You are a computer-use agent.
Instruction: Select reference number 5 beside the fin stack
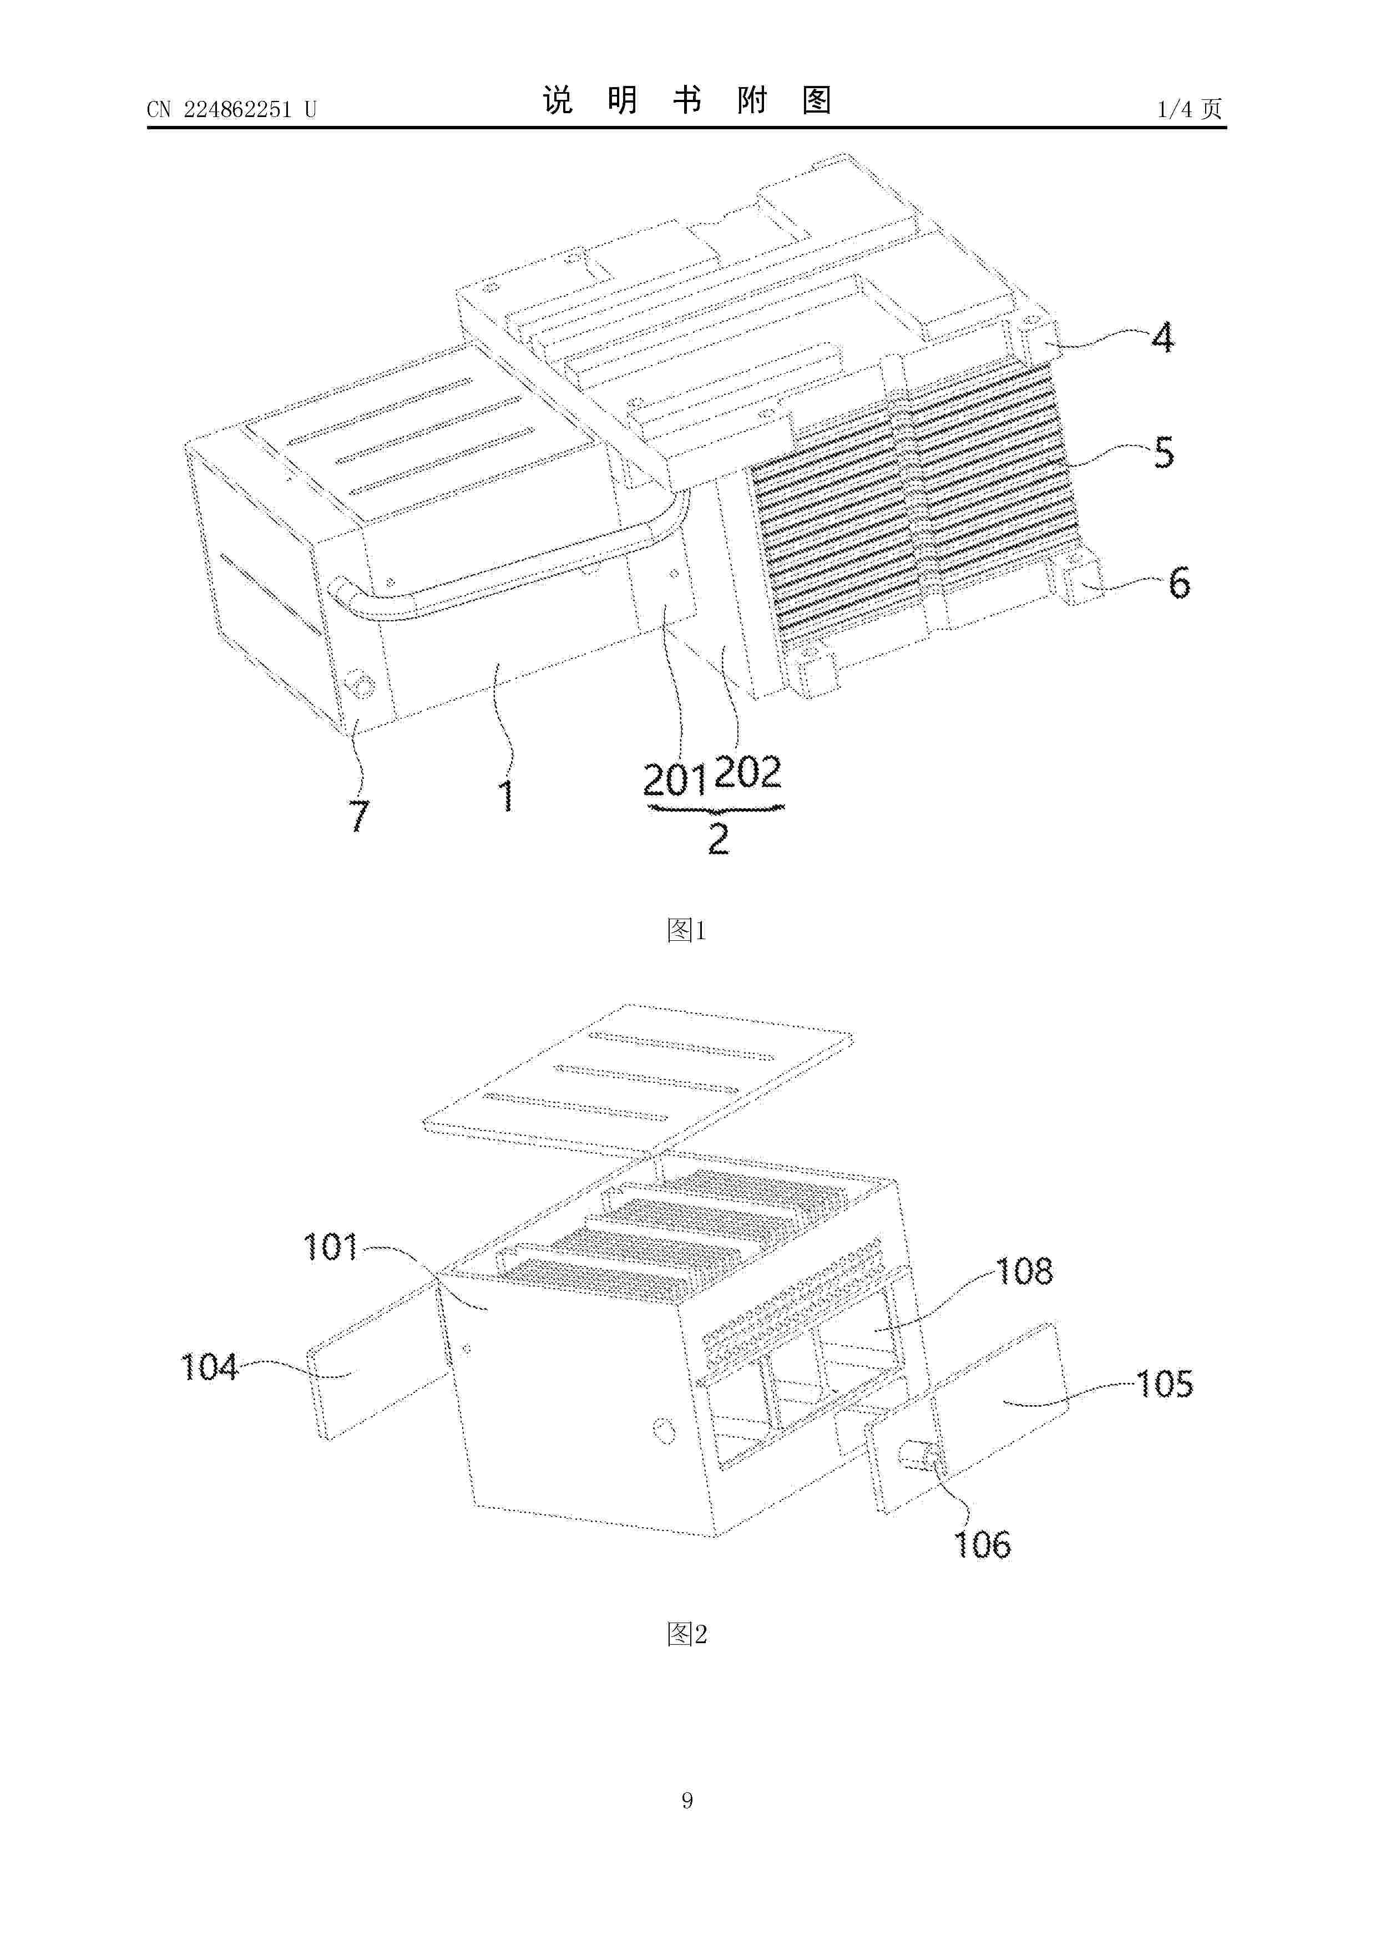tap(1164, 453)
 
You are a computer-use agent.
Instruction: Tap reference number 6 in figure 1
tap(1179, 583)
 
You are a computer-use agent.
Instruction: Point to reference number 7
tap(360, 815)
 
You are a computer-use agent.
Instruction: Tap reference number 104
tap(209, 1366)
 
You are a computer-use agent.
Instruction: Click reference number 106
tap(983, 1544)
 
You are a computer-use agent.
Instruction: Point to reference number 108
tap(1024, 1270)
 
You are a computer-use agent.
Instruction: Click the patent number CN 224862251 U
tap(231, 109)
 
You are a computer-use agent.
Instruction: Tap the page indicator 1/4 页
tap(1190, 109)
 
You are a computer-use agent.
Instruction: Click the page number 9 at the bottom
tap(687, 1800)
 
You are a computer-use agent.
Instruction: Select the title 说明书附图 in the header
tap(687, 100)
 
